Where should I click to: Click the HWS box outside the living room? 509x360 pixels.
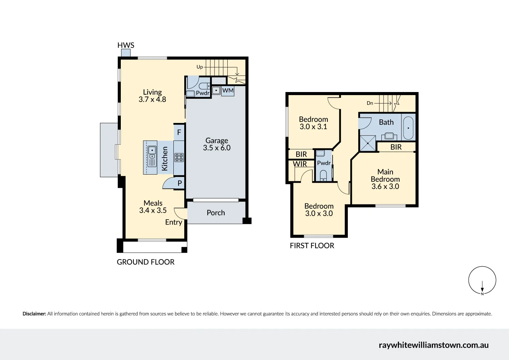(126, 53)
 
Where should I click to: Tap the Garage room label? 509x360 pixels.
(217, 141)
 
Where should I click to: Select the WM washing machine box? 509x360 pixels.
(228, 91)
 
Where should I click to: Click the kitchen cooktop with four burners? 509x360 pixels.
(179, 157)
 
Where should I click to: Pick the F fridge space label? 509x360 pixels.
(179, 132)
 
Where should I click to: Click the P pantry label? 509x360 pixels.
(180, 183)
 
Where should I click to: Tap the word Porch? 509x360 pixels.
(216, 213)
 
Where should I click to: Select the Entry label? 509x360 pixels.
(174, 222)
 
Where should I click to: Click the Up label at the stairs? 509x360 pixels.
(200, 67)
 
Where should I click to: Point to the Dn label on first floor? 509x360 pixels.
(370, 103)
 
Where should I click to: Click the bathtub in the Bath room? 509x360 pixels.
(408, 128)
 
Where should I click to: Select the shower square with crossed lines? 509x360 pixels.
(367, 143)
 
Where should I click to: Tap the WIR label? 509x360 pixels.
(300, 164)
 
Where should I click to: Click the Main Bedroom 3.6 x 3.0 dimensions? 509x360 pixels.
(385, 186)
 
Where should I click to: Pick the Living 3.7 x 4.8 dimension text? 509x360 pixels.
(152, 100)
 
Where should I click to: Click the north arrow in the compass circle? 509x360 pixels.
(482, 287)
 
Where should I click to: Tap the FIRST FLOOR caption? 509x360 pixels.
(312, 246)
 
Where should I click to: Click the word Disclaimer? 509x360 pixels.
(34, 314)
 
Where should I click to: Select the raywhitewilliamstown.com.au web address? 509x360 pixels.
(434, 345)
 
